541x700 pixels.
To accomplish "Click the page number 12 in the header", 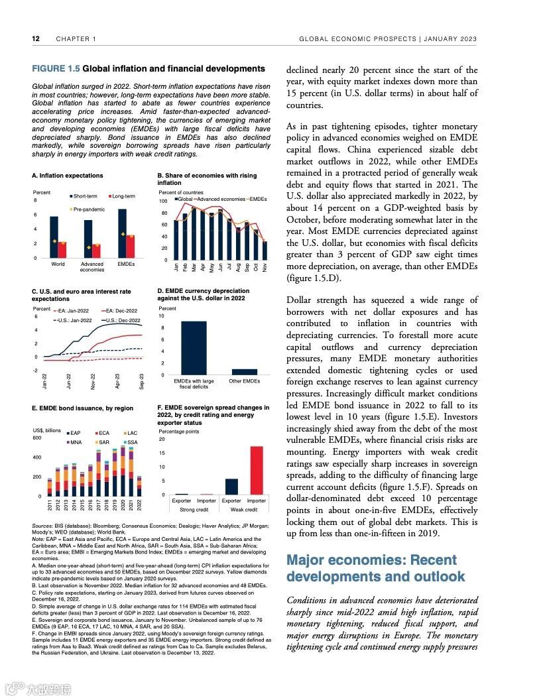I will (36, 39).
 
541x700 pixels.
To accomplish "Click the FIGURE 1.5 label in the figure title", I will (56, 69).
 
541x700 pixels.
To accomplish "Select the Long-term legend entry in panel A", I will (123, 196).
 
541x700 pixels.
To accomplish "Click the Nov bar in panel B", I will (265, 251).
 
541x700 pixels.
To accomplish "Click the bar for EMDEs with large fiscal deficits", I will (193, 348).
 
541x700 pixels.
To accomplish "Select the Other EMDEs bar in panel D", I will (244, 372).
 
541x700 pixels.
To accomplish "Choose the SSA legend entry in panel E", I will (131, 442).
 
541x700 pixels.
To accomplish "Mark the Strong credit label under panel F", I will (194, 510).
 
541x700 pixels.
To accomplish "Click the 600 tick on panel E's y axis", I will (37, 438).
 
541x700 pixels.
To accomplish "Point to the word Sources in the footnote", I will (44, 525).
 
